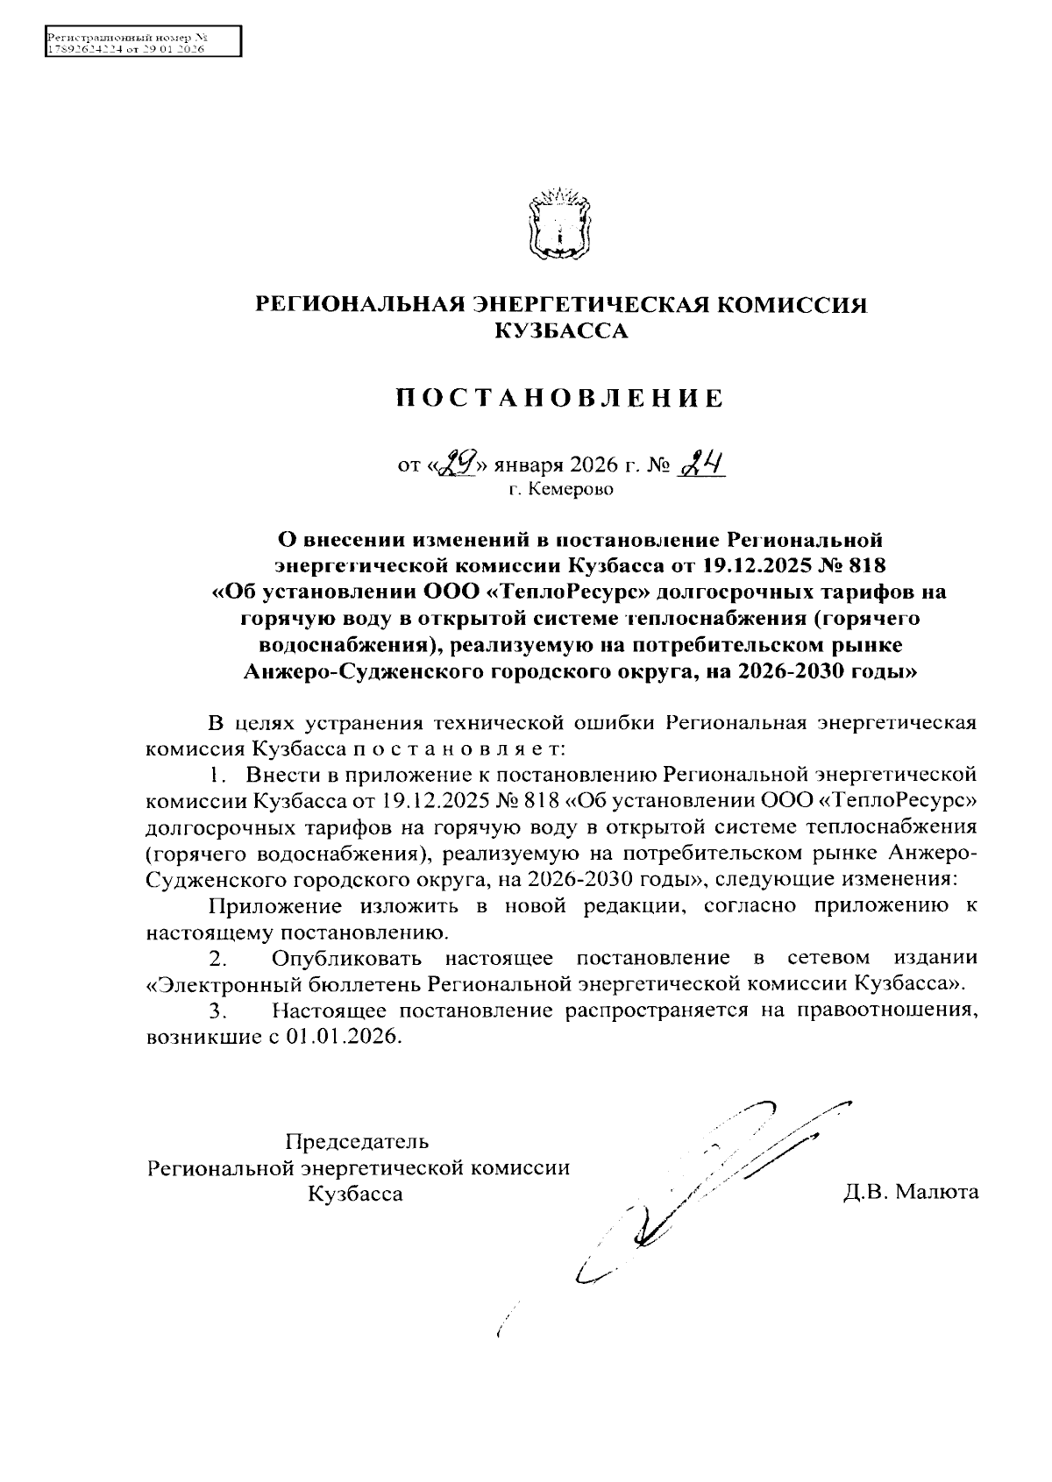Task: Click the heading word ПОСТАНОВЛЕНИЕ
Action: (x=560, y=399)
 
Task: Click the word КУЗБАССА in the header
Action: (x=561, y=330)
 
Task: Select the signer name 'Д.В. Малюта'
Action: (x=911, y=1192)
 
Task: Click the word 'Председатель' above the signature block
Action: (x=357, y=1142)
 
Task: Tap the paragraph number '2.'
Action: (x=219, y=957)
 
